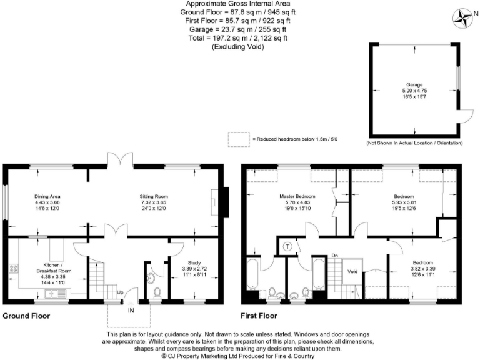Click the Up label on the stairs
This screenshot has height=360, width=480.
pyautogui.click(x=119, y=291)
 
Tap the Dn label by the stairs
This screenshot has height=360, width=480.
pyautogui.click(x=335, y=256)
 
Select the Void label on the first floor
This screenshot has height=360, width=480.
pyautogui.click(x=352, y=271)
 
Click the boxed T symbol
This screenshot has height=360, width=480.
pyautogui.click(x=287, y=246)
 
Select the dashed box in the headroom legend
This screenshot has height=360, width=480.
pyautogui.click(x=237, y=139)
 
